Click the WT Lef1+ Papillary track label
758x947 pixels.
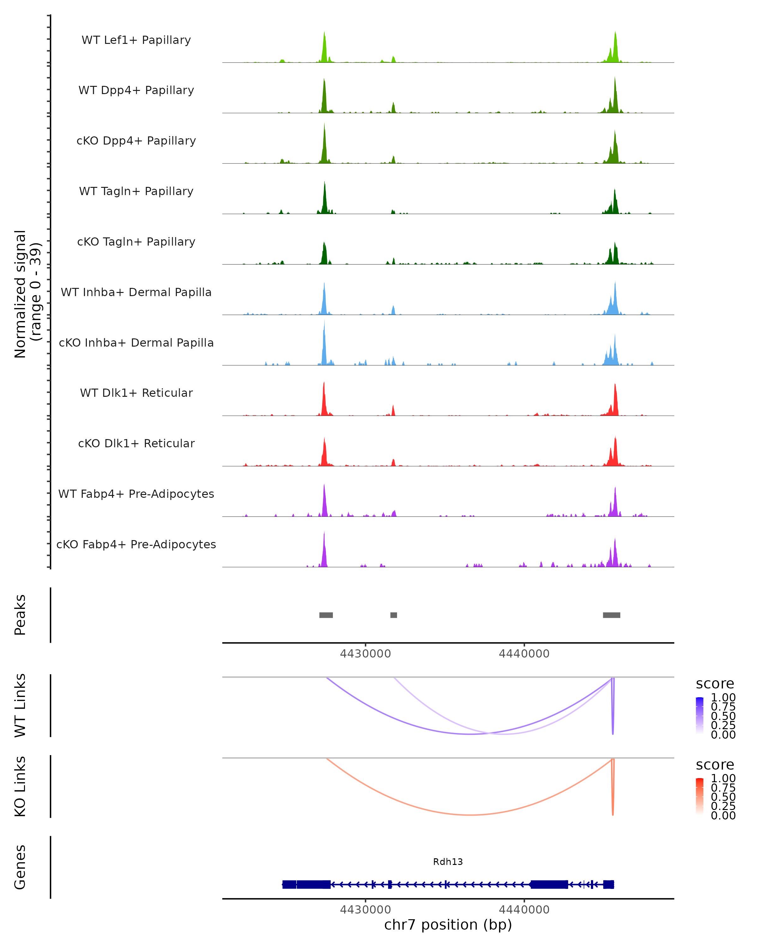[136, 40]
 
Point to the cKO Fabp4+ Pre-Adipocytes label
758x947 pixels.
[136, 544]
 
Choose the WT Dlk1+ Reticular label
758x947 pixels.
[136, 393]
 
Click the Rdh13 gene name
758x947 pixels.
[448, 862]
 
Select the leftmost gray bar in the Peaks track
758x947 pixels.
[326, 615]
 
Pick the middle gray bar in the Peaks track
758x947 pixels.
[394, 615]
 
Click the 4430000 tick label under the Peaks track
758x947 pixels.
[365, 654]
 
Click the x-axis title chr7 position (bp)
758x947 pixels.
[448, 925]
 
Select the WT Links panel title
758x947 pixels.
[20, 706]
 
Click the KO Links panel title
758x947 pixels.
[20, 786]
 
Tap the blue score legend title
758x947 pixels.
[715, 684]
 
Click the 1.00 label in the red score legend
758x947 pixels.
[723, 778]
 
